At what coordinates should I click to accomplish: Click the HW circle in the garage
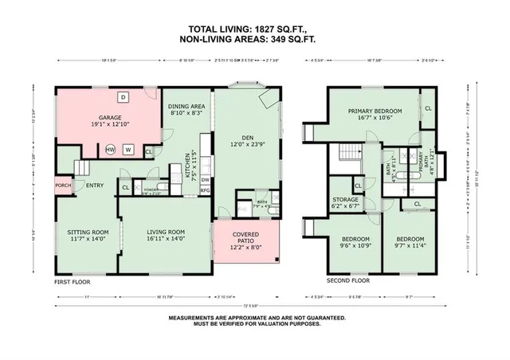(x=111, y=149)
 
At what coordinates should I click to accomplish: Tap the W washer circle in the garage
(x=127, y=149)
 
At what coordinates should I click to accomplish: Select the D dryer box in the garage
(x=123, y=97)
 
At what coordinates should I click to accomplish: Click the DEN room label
(x=246, y=140)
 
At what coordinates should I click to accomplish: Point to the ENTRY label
(x=95, y=186)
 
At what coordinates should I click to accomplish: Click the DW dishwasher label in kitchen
(x=205, y=180)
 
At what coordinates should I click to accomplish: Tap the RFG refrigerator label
(x=205, y=191)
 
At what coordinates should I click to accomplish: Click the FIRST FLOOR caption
(x=73, y=282)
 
